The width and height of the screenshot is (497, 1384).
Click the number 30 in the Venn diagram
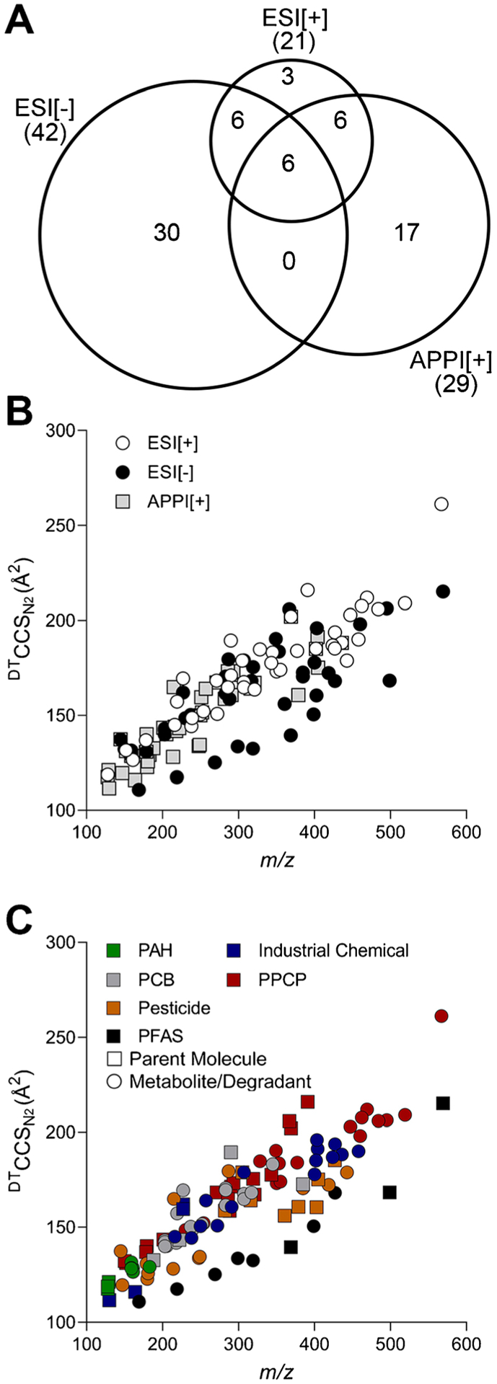pyautogui.click(x=166, y=232)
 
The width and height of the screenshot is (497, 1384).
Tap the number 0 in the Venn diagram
pyautogui.click(x=289, y=260)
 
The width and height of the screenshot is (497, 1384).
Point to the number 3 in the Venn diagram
pyautogui.click(x=288, y=76)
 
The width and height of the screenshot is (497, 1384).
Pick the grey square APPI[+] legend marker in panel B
pyautogui.click(x=123, y=502)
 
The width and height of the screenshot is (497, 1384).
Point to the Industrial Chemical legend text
pyautogui.click(x=333, y=951)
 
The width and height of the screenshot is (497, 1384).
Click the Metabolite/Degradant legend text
pyautogui.click(x=220, y=1081)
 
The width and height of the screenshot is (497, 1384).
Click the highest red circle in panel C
pyautogui.click(x=441, y=1016)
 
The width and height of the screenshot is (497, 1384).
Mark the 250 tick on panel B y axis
pyautogui.click(x=63, y=525)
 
